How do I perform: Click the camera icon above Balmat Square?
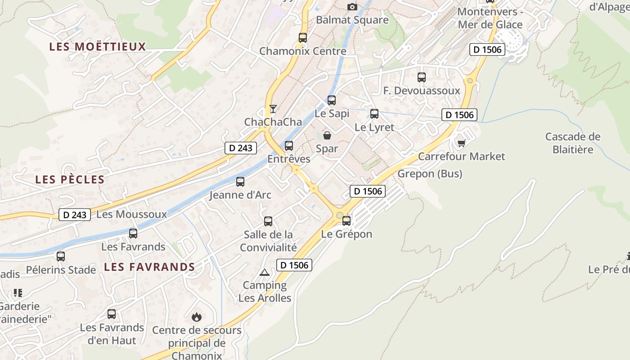pos(352,7)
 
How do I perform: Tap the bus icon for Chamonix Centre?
pos(303,38)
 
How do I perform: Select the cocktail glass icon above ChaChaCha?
pos(273,109)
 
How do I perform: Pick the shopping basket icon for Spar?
pos(327,135)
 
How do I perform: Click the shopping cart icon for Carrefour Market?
pos(461,144)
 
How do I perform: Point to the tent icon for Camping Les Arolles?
pos(264,272)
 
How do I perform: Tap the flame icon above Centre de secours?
pos(197,317)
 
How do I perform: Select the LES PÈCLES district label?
pos(70,180)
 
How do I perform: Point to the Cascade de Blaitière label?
pos(573,143)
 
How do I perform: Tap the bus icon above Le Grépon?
pos(346,221)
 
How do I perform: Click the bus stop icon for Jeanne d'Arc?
pos(240,182)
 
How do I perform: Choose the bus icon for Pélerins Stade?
pos(61,256)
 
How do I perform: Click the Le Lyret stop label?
pos(374,127)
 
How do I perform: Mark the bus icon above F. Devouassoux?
pos(422,77)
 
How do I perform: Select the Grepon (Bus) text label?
pos(430,174)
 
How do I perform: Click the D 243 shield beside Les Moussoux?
pos(75,215)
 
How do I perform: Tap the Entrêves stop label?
pos(289,159)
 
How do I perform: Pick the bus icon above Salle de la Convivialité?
pos(268,221)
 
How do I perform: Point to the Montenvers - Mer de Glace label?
pos(490,18)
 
